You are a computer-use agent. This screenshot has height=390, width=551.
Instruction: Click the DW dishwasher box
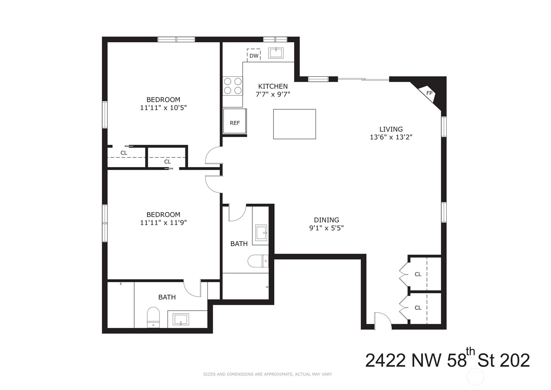tap(254, 55)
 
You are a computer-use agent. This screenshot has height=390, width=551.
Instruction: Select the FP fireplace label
tap(429, 93)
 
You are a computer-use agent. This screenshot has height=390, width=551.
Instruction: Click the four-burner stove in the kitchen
tap(233, 86)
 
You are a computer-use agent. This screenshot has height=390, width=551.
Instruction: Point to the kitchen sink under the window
tap(276, 53)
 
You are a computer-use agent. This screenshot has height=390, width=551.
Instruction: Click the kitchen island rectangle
tap(294, 124)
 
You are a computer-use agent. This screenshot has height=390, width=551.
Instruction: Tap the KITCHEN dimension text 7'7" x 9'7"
tap(273, 94)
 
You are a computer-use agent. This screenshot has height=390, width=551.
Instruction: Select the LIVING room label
tap(391, 129)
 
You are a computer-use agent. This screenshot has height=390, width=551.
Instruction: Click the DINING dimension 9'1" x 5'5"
tap(326, 228)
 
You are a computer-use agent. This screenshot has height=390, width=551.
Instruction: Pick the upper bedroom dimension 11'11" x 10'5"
tap(163, 108)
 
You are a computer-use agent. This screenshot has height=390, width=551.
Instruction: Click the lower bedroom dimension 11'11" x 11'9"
tap(163, 222)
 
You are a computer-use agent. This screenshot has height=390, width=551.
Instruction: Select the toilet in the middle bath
tap(258, 261)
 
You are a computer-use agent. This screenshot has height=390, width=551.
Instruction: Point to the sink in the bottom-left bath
tap(181, 319)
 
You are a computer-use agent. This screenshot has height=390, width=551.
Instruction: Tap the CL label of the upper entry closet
tap(418, 274)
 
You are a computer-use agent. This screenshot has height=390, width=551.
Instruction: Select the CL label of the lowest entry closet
tap(418, 308)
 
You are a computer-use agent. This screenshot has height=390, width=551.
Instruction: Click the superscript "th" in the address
tap(471, 352)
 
